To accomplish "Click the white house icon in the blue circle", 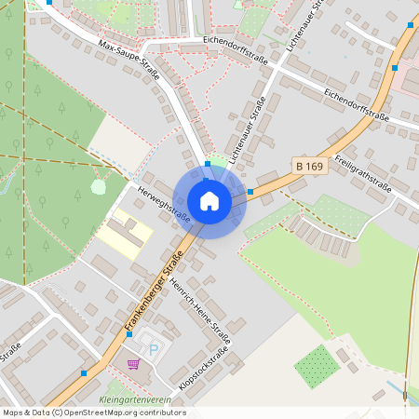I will pos(209,200).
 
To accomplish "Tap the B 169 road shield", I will pos(309,164).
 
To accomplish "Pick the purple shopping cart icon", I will pos(134,363).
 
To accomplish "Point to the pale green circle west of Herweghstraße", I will pos(98,186).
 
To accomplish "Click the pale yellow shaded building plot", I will pos(126,233).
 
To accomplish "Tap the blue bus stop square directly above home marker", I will pos(207,165).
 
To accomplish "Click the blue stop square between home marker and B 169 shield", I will pos(250,191).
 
